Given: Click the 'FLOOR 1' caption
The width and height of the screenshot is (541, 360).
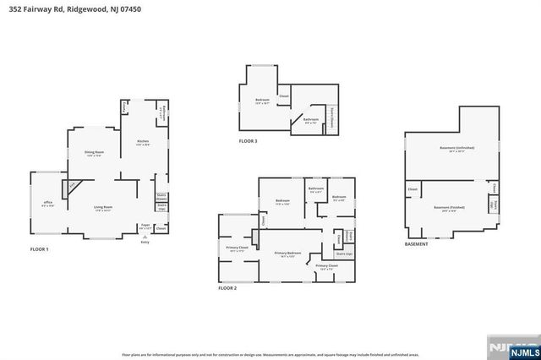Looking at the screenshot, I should [40, 249].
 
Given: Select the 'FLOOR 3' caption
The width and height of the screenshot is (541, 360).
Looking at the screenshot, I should [248, 140].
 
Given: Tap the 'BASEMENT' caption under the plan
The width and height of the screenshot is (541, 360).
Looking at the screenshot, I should [416, 243].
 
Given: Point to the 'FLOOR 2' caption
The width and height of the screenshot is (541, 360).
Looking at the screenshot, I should [227, 288].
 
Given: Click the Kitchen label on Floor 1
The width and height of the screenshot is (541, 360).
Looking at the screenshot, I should [143, 143].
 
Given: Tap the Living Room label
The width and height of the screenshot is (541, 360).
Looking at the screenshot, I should [102, 208].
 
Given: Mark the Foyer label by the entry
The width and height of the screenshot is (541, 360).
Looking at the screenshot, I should [145, 226].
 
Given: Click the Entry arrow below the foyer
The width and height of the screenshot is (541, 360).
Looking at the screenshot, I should [145, 239].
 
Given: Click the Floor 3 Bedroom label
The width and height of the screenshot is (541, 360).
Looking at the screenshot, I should [262, 101].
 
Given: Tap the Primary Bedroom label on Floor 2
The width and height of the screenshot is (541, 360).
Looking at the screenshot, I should [287, 254].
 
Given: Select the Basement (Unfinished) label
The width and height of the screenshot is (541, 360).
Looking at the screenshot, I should [456, 149].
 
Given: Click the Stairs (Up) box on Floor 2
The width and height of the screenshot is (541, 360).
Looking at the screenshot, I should [343, 254].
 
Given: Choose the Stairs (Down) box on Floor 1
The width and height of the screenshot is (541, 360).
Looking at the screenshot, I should [161, 196].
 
